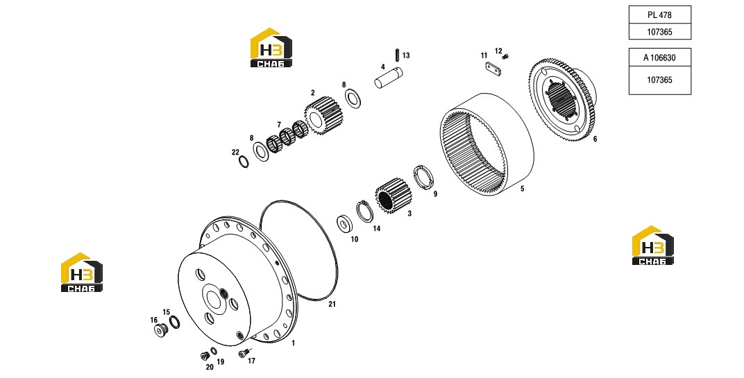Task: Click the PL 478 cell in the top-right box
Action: (x=659, y=15)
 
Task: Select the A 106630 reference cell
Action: (x=659, y=58)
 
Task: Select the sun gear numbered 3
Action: (x=394, y=194)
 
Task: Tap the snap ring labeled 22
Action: (x=243, y=161)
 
